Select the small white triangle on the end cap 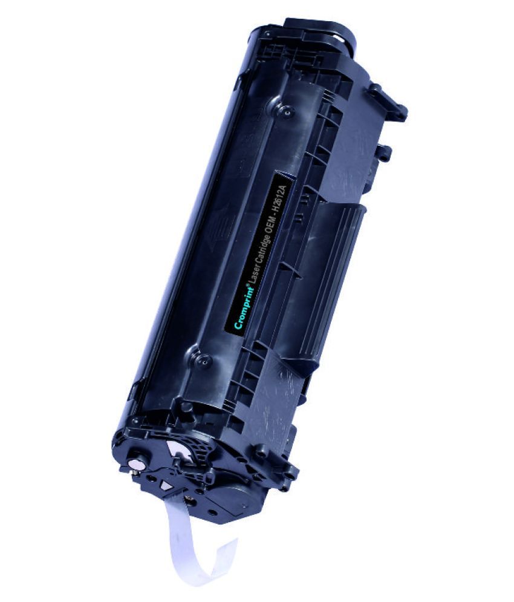[x=166, y=485]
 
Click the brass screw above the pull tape [x=189, y=500]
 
